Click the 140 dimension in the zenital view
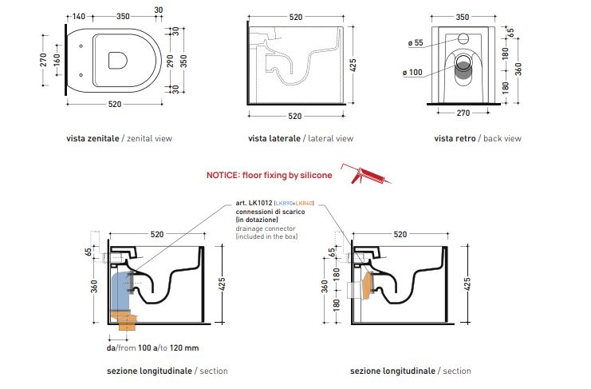(x=79, y=16)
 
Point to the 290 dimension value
(x=170, y=61)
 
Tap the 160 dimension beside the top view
(x=57, y=60)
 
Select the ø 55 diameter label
(x=416, y=42)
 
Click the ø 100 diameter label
(x=412, y=72)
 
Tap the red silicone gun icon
(x=365, y=174)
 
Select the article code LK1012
(x=261, y=203)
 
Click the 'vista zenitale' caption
(x=93, y=138)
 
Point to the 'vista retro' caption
(x=455, y=138)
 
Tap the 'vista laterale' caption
(x=274, y=138)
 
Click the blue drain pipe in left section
(x=120, y=292)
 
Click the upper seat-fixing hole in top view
(x=81, y=46)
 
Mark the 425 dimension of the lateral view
(x=353, y=65)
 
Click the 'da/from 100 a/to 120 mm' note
(x=152, y=348)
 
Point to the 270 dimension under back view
(x=463, y=113)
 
